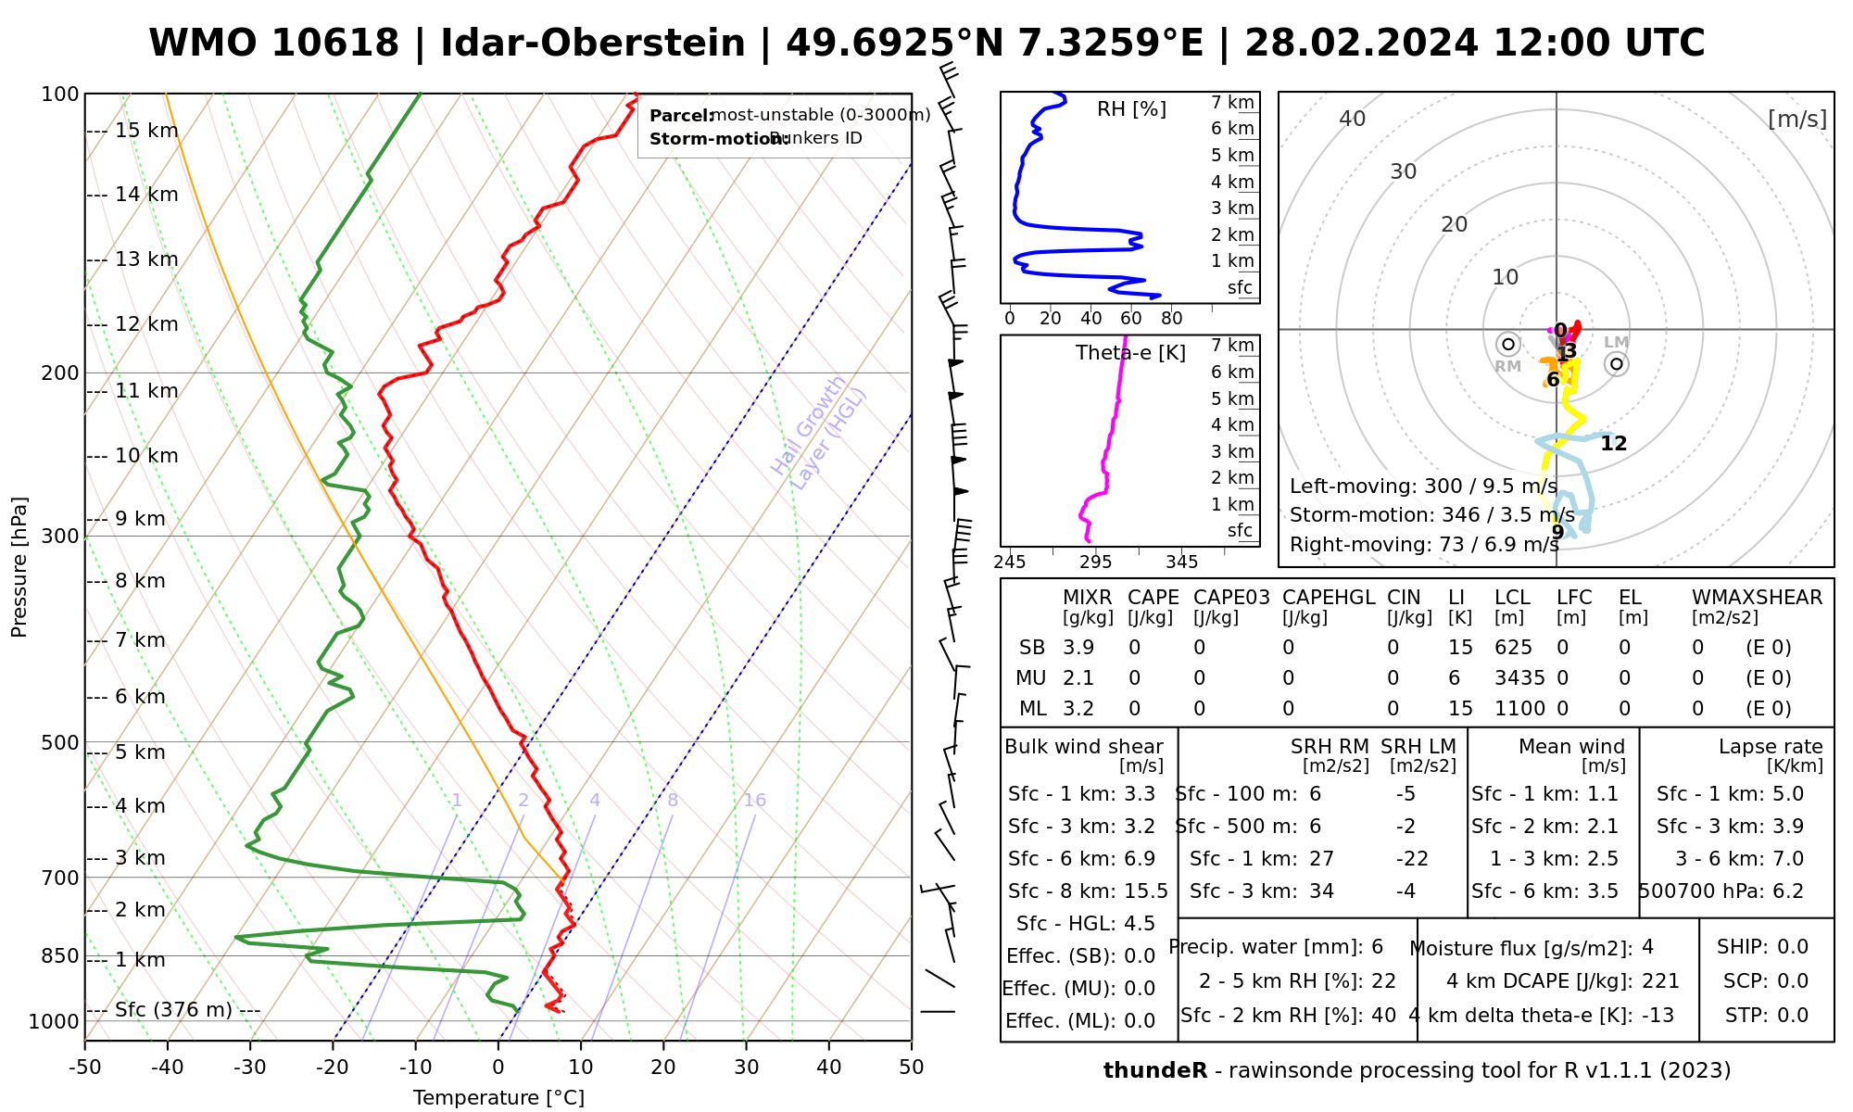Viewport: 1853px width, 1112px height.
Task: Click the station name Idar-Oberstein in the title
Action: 592,44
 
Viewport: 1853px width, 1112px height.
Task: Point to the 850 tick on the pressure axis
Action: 60,955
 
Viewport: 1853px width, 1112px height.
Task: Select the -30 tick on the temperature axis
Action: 249,1068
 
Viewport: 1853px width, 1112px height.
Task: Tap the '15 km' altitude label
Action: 146,131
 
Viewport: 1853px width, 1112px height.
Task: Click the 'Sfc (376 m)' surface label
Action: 173,1009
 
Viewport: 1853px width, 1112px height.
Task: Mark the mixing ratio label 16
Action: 754,801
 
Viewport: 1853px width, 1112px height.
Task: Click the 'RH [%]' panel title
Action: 1131,109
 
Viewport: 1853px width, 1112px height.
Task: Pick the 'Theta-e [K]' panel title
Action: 1130,353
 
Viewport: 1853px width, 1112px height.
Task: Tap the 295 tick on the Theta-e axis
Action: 1095,562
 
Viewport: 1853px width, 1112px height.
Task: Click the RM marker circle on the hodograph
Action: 1508,345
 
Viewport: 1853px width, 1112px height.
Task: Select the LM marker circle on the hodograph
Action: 1617,364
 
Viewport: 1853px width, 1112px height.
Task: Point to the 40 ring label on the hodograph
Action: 1353,119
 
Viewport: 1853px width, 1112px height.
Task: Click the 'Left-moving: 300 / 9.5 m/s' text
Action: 1423,486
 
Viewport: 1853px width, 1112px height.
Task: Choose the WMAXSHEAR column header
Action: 1757,598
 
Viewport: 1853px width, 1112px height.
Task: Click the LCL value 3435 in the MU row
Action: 1519,678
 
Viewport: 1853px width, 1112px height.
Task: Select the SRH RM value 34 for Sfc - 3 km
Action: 1321,891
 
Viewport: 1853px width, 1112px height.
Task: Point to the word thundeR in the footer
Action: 1155,1071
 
